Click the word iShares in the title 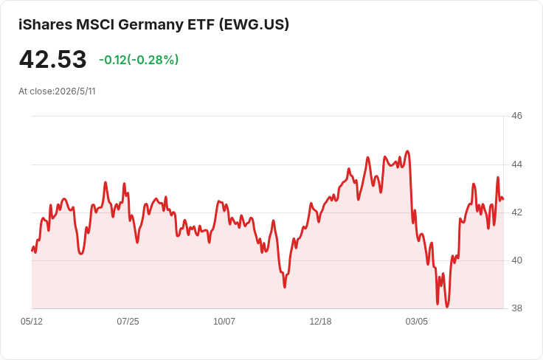tap(45, 25)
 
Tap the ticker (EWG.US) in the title tap(254, 25)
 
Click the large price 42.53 tap(52, 59)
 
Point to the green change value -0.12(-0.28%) tap(139, 60)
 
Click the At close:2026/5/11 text tap(57, 91)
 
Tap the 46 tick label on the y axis tap(516, 116)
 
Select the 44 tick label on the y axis tap(516, 165)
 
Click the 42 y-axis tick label tap(516, 212)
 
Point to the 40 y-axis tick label tap(516, 260)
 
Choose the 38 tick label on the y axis tap(516, 308)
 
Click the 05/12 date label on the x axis tap(32, 322)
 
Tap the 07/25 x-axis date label tap(128, 322)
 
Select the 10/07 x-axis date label tap(224, 322)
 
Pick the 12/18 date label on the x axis tap(320, 322)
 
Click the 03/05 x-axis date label tap(417, 322)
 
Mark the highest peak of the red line tap(407, 151)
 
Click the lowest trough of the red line tap(447, 307)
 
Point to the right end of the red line tap(503, 199)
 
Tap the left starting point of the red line tap(32, 251)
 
